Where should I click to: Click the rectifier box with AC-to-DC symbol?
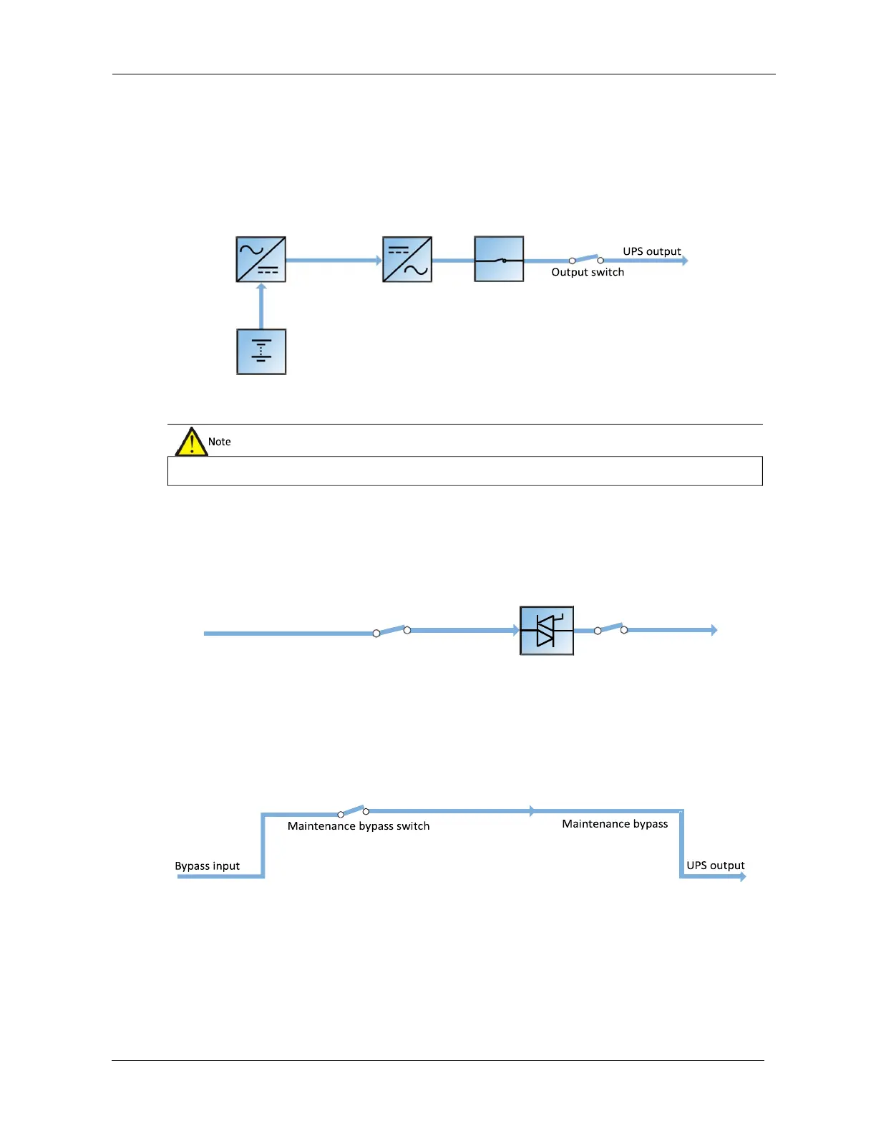[261, 259]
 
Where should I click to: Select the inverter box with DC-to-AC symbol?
[407, 259]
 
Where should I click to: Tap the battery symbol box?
[261, 352]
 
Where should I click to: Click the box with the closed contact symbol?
[499, 259]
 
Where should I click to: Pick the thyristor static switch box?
[547, 631]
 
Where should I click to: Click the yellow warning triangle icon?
[191, 442]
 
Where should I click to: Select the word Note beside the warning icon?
[220, 442]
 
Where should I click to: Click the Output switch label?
[588, 272]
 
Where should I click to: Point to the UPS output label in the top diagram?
[652, 251]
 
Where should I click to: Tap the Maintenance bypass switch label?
[359, 826]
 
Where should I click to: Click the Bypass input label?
[208, 866]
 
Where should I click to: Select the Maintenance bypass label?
[615, 824]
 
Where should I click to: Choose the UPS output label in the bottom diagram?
[716, 866]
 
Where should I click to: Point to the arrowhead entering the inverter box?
[379, 261]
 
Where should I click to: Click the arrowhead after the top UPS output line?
[684, 261]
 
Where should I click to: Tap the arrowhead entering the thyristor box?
[515, 630]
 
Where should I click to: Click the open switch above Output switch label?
[586, 258]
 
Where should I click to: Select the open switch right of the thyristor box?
[610, 629]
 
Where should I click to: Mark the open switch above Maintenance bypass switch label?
[353, 811]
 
